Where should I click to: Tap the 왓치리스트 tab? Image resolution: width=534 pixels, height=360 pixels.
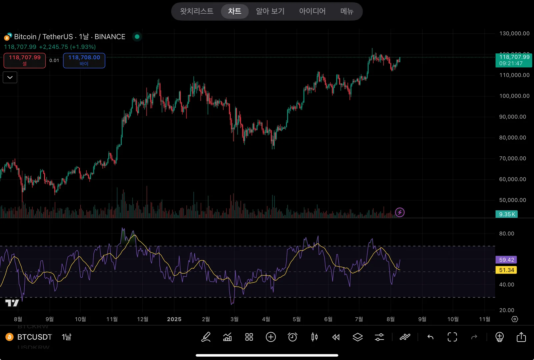tap(196, 11)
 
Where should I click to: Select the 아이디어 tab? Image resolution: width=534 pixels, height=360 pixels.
tap(312, 11)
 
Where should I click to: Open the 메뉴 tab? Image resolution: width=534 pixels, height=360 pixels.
tap(347, 11)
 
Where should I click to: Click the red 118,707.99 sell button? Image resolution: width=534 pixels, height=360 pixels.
tap(25, 60)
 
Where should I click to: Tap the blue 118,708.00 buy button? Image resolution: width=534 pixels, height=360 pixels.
tap(84, 60)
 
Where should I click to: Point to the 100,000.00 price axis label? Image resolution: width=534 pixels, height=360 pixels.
tap(514, 96)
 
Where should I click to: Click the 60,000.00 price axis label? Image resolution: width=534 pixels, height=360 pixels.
tap(512, 179)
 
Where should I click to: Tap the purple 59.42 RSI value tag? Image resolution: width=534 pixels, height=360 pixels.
tap(506, 260)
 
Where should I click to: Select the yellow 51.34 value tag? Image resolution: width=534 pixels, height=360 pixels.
tap(506, 270)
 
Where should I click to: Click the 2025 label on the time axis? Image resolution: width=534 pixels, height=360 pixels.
tap(174, 319)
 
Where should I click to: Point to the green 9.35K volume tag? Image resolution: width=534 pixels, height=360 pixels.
tap(507, 214)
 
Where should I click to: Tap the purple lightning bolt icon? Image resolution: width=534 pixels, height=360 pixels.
tap(400, 212)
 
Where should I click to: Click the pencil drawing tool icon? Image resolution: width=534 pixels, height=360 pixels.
tap(206, 337)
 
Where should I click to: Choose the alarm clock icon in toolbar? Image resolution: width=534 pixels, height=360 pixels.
tap(293, 337)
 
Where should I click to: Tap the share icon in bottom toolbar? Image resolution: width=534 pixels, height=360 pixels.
tap(521, 337)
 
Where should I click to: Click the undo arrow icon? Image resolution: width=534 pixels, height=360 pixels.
tap(430, 337)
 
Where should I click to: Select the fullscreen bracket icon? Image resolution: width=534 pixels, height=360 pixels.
tap(452, 337)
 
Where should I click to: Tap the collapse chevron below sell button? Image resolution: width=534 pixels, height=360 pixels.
tap(10, 77)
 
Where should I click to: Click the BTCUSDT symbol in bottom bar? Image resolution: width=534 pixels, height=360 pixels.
tap(34, 337)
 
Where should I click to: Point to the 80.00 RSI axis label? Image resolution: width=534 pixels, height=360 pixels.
tap(506, 234)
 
